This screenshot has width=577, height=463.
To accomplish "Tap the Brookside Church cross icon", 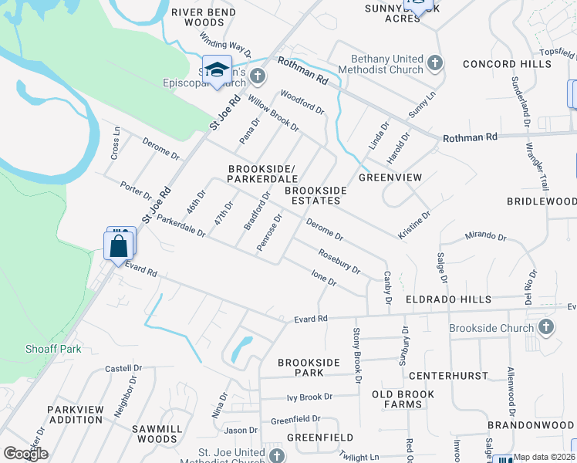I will (545, 327).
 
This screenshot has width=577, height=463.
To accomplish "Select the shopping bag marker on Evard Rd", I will (118, 247).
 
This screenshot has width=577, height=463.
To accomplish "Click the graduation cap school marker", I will (217, 68).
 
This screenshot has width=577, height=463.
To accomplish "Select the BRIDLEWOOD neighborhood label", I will (541, 201).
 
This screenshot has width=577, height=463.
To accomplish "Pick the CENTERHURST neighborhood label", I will (448, 376).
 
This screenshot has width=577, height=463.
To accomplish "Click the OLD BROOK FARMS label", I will (409, 400).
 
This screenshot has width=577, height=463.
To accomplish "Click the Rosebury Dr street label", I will (339, 260).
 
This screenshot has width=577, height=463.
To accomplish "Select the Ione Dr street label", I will (323, 278).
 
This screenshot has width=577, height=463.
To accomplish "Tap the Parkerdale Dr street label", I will (181, 225).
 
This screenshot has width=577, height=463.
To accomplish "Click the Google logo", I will (25, 454).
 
